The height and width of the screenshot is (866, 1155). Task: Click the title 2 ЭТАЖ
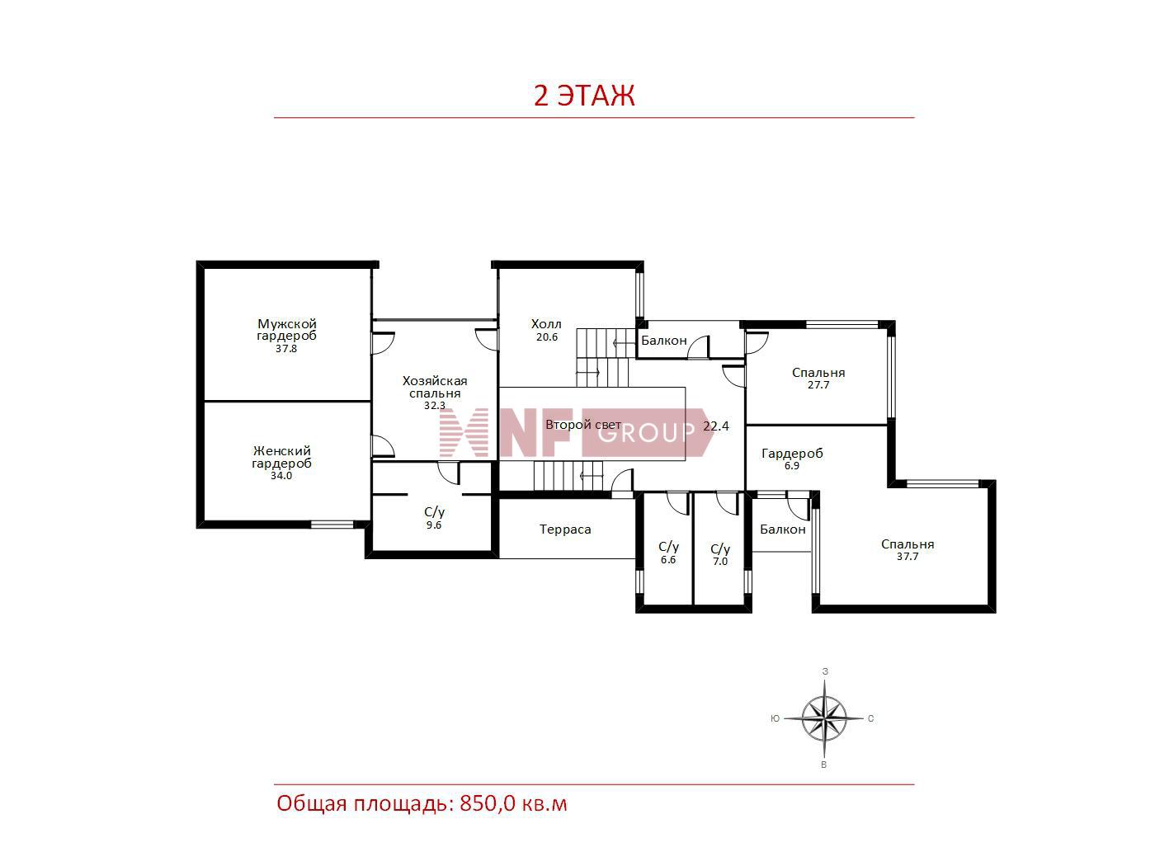click(x=584, y=96)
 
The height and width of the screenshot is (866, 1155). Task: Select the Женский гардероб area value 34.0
click(x=281, y=476)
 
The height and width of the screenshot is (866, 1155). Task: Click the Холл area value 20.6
click(x=547, y=337)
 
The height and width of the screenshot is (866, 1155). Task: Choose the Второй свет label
click(x=583, y=425)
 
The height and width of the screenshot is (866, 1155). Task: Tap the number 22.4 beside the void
click(x=715, y=426)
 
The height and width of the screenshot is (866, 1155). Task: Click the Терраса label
click(x=565, y=529)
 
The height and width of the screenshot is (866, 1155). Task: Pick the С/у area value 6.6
click(x=668, y=560)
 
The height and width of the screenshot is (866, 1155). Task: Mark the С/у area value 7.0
click(x=720, y=562)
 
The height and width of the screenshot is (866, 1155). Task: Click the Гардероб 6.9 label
click(x=792, y=459)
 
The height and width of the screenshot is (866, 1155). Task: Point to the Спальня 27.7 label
click(x=818, y=379)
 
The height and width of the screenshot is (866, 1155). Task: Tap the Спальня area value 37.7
click(x=907, y=557)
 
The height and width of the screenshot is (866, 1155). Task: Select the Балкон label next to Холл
click(x=663, y=341)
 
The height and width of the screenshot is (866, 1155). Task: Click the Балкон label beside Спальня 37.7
click(x=782, y=529)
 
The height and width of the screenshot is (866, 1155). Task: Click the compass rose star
click(x=824, y=718)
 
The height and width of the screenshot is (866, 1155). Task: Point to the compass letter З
click(x=825, y=671)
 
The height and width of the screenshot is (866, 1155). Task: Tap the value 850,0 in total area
click(x=488, y=804)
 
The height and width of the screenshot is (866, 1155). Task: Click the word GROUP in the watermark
click(x=646, y=434)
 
